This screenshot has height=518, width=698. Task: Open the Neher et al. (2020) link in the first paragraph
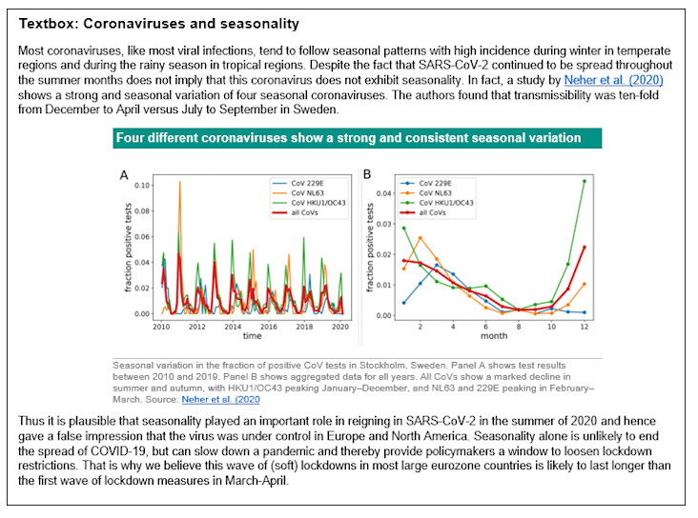613,80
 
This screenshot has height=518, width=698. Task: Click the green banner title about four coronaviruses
348,138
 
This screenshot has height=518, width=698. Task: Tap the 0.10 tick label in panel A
141,184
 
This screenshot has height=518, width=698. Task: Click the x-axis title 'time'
251,336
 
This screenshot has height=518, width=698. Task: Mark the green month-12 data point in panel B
584,181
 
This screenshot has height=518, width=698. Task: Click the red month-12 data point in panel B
584,248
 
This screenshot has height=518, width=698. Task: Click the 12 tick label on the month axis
584,327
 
